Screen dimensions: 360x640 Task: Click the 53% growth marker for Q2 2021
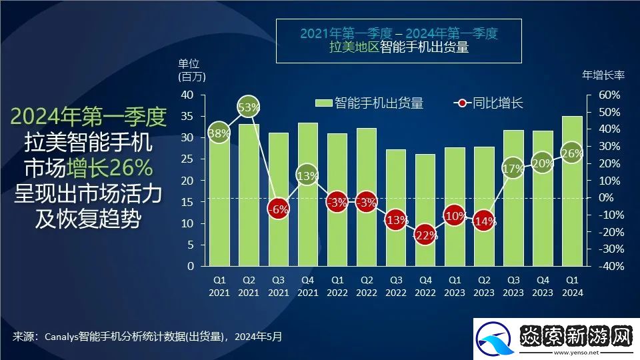click(x=249, y=107)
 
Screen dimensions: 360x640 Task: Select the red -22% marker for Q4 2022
click(x=425, y=235)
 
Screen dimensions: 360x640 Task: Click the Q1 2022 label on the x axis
click(x=337, y=286)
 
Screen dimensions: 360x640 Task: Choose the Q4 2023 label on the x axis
click(x=543, y=286)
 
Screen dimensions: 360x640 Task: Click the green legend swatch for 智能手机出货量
click(x=323, y=103)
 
